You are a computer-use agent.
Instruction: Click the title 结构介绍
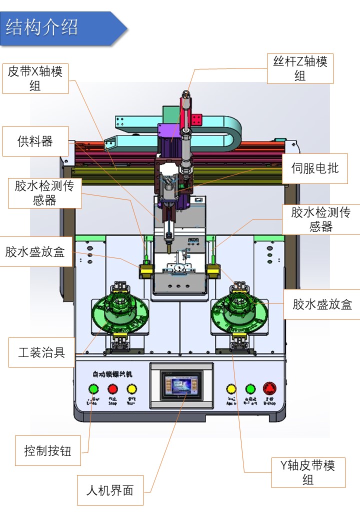tap(42, 27)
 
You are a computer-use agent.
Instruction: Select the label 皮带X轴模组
tap(35, 78)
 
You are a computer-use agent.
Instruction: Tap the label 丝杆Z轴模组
tap(300, 69)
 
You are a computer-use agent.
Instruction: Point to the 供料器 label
tap(35, 141)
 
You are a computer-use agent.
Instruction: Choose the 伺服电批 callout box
tap(314, 168)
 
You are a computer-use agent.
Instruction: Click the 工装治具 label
tap(41, 352)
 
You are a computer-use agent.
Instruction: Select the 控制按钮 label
tap(48, 451)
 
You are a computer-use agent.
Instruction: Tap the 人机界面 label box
tap(110, 490)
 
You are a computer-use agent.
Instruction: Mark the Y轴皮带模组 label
tap(308, 472)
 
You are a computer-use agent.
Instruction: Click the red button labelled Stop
tap(112, 389)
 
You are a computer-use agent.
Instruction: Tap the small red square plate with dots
tap(195, 120)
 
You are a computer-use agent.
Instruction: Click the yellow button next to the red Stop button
tap(131, 389)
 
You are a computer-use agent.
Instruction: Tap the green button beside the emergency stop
tap(250, 389)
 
